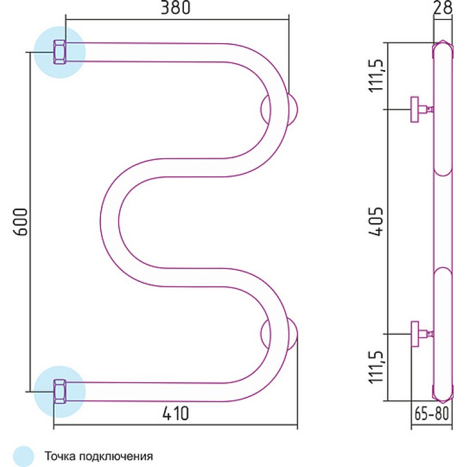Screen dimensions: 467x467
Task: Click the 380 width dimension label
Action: pyautogui.click(x=176, y=8)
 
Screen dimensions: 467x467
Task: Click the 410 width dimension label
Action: pyautogui.click(x=176, y=413)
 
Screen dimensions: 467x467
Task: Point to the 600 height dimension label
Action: pyautogui.click(x=21, y=222)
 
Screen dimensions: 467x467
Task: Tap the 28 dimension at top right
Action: pyautogui.click(x=443, y=8)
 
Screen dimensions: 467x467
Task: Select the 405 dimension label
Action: pyautogui.click(x=375, y=221)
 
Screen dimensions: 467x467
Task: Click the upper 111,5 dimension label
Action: pyautogui.click(x=375, y=76)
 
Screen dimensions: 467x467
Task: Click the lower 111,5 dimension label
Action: pyautogui.click(x=375, y=367)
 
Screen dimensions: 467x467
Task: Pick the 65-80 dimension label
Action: pyautogui.click(x=431, y=413)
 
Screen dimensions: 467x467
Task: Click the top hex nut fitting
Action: pyautogui.click(x=60, y=52)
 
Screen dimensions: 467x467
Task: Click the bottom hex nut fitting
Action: pyautogui.click(x=60, y=391)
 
